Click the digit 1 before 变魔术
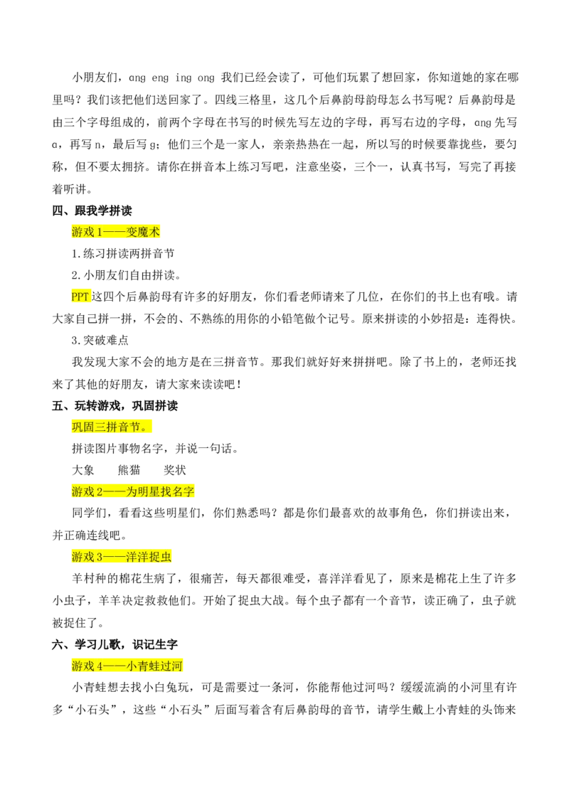[x=100, y=232]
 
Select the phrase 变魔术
[x=144, y=232]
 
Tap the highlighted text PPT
[x=80, y=297]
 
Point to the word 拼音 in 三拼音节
[x=117, y=427]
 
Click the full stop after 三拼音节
[x=145, y=427]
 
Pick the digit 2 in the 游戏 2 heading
[x=100, y=491]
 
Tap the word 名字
[x=184, y=491]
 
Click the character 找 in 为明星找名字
[x=166, y=491]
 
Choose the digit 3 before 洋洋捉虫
[x=100, y=556]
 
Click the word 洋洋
[x=138, y=556]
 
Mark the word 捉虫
[x=161, y=556]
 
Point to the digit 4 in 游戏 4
[x=100, y=666]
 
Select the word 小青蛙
[x=144, y=666]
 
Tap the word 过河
[x=172, y=666]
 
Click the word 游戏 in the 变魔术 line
[x=83, y=232]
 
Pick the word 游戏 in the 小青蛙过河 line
[x=83, y=666]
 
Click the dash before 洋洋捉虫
[x=115, y=556]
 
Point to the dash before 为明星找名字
[x=115, y=491]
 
